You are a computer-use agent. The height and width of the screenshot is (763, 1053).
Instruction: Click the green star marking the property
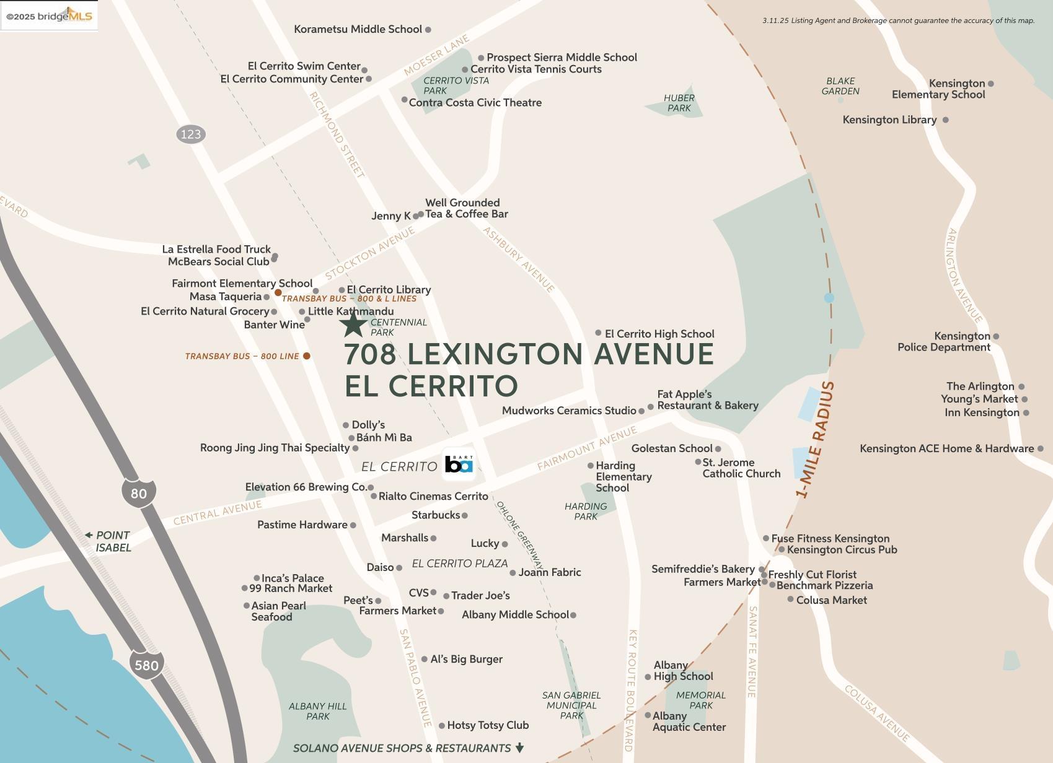tap(354, 324)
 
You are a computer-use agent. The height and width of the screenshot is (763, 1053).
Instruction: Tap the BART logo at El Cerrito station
tap(459, 464)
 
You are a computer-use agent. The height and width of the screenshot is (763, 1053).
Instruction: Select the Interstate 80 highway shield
tap(139, 493)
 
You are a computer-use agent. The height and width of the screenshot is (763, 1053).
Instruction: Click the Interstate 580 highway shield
tap(147, 665)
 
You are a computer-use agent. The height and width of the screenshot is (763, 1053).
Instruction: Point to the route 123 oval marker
tap(191, 134)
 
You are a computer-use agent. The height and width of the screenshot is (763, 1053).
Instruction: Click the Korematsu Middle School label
tap(358, 29)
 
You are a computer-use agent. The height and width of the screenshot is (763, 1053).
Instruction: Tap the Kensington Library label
tap(889, 120)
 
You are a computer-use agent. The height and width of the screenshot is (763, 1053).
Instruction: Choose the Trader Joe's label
tap(480, 596)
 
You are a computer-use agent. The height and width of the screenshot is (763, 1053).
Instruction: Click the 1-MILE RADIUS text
tap(816, 440)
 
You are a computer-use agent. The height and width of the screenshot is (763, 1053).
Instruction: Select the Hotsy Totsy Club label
tap(488, 725)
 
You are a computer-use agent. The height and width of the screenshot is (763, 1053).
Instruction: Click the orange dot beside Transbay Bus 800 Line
tap(306, 356)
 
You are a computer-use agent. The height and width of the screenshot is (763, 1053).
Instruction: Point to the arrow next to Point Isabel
tap(89, 535)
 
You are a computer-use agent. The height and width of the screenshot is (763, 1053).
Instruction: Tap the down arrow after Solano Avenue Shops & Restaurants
tap(520, 748)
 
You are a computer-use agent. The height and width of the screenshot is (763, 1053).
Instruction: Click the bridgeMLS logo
tap(49, 15)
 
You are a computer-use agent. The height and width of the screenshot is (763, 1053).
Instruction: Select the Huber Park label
tap(679, 103)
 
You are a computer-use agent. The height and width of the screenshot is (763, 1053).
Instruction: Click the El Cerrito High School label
tap(659, 334)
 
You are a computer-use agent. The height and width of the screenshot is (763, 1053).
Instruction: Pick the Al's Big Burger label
tap(466, 659)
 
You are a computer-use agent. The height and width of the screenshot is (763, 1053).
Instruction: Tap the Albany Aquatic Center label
tap(689, 722)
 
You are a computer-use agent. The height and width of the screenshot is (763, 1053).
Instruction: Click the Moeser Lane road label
tap(436, 56)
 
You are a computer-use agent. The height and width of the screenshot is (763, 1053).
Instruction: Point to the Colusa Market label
tap(831, 600)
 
